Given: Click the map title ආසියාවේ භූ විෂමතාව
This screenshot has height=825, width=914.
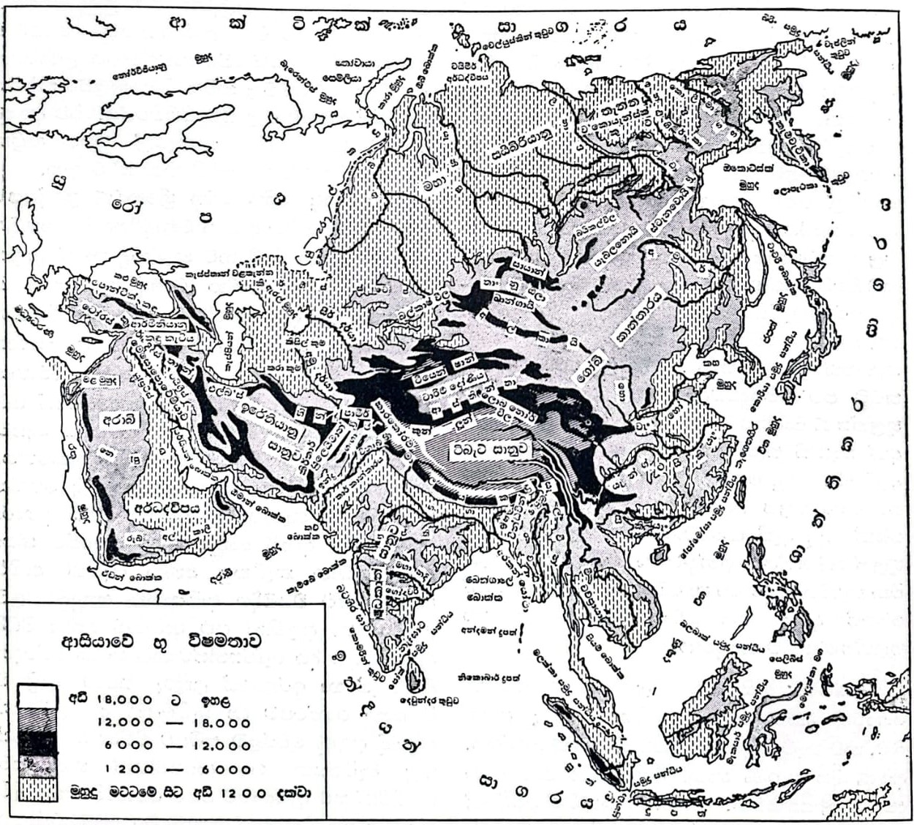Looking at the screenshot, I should pyautogui.click(x=162, y=643).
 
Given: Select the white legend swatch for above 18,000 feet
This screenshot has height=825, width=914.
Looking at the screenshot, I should pyautogui.click(x=37, y=696).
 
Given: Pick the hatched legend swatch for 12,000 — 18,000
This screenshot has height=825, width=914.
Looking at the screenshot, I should pyautogui.click(x=37, y=721).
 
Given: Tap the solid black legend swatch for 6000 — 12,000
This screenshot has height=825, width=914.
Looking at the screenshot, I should pyautogui.click(x=37, y=744).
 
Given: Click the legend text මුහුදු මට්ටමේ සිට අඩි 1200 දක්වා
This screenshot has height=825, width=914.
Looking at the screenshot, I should pyautogui.click(x=190, y=792).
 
